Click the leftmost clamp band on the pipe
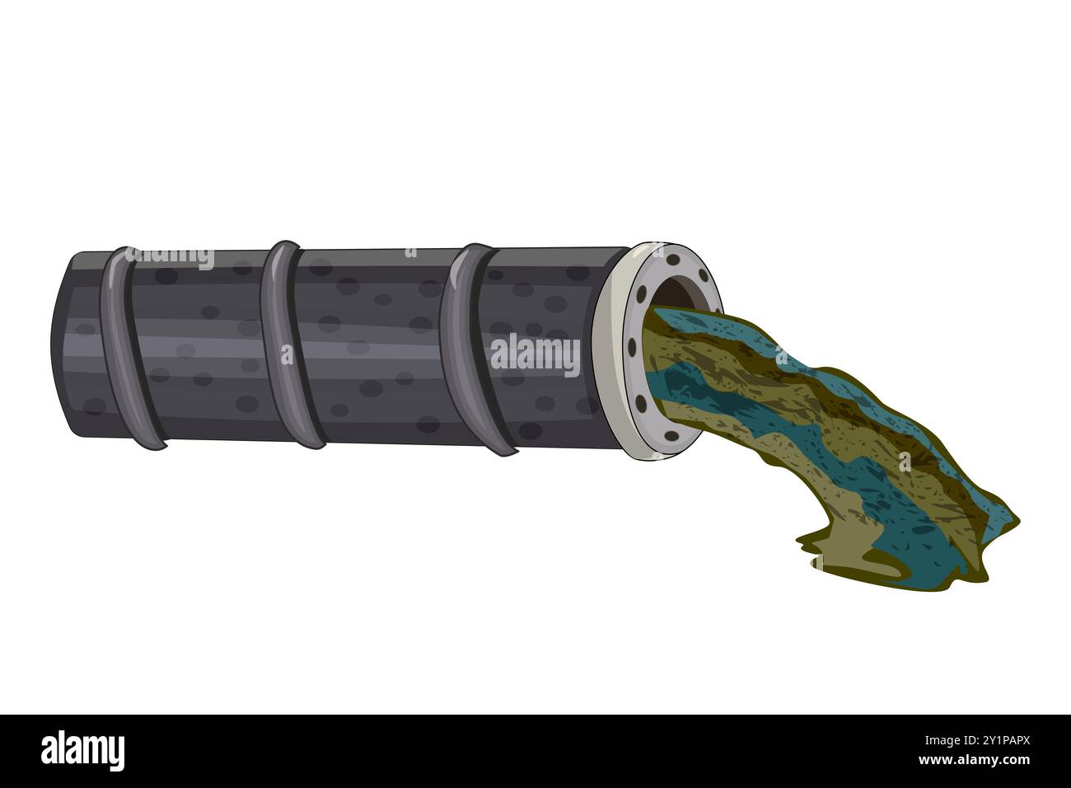click(x=128, y=346)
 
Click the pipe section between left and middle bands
click(x=206, y=346)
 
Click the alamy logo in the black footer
click(x=82, y=751)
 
